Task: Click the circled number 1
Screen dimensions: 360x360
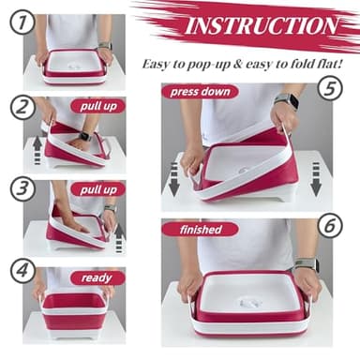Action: (22, 22)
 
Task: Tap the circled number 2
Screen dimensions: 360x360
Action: (22, 108)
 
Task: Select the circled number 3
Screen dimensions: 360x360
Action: (22, 189)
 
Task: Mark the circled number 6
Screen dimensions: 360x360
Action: (330, 226)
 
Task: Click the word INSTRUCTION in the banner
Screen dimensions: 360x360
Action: (262, 25)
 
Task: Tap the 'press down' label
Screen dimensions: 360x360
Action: (201, 92)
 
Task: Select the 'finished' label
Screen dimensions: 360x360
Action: (201, 230)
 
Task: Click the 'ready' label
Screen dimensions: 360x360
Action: (97, 277)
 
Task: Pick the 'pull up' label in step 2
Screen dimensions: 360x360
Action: (98, 106)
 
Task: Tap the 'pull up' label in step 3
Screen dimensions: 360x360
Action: (98, 189)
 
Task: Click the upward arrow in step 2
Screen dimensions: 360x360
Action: (37, 151)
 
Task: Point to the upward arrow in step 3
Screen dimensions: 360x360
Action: (119, 238)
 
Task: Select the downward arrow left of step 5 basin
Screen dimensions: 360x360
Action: (174, 179)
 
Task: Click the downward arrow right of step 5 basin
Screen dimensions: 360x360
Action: (316, 179)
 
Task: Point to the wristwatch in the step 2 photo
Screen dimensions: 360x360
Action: (83, 137)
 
